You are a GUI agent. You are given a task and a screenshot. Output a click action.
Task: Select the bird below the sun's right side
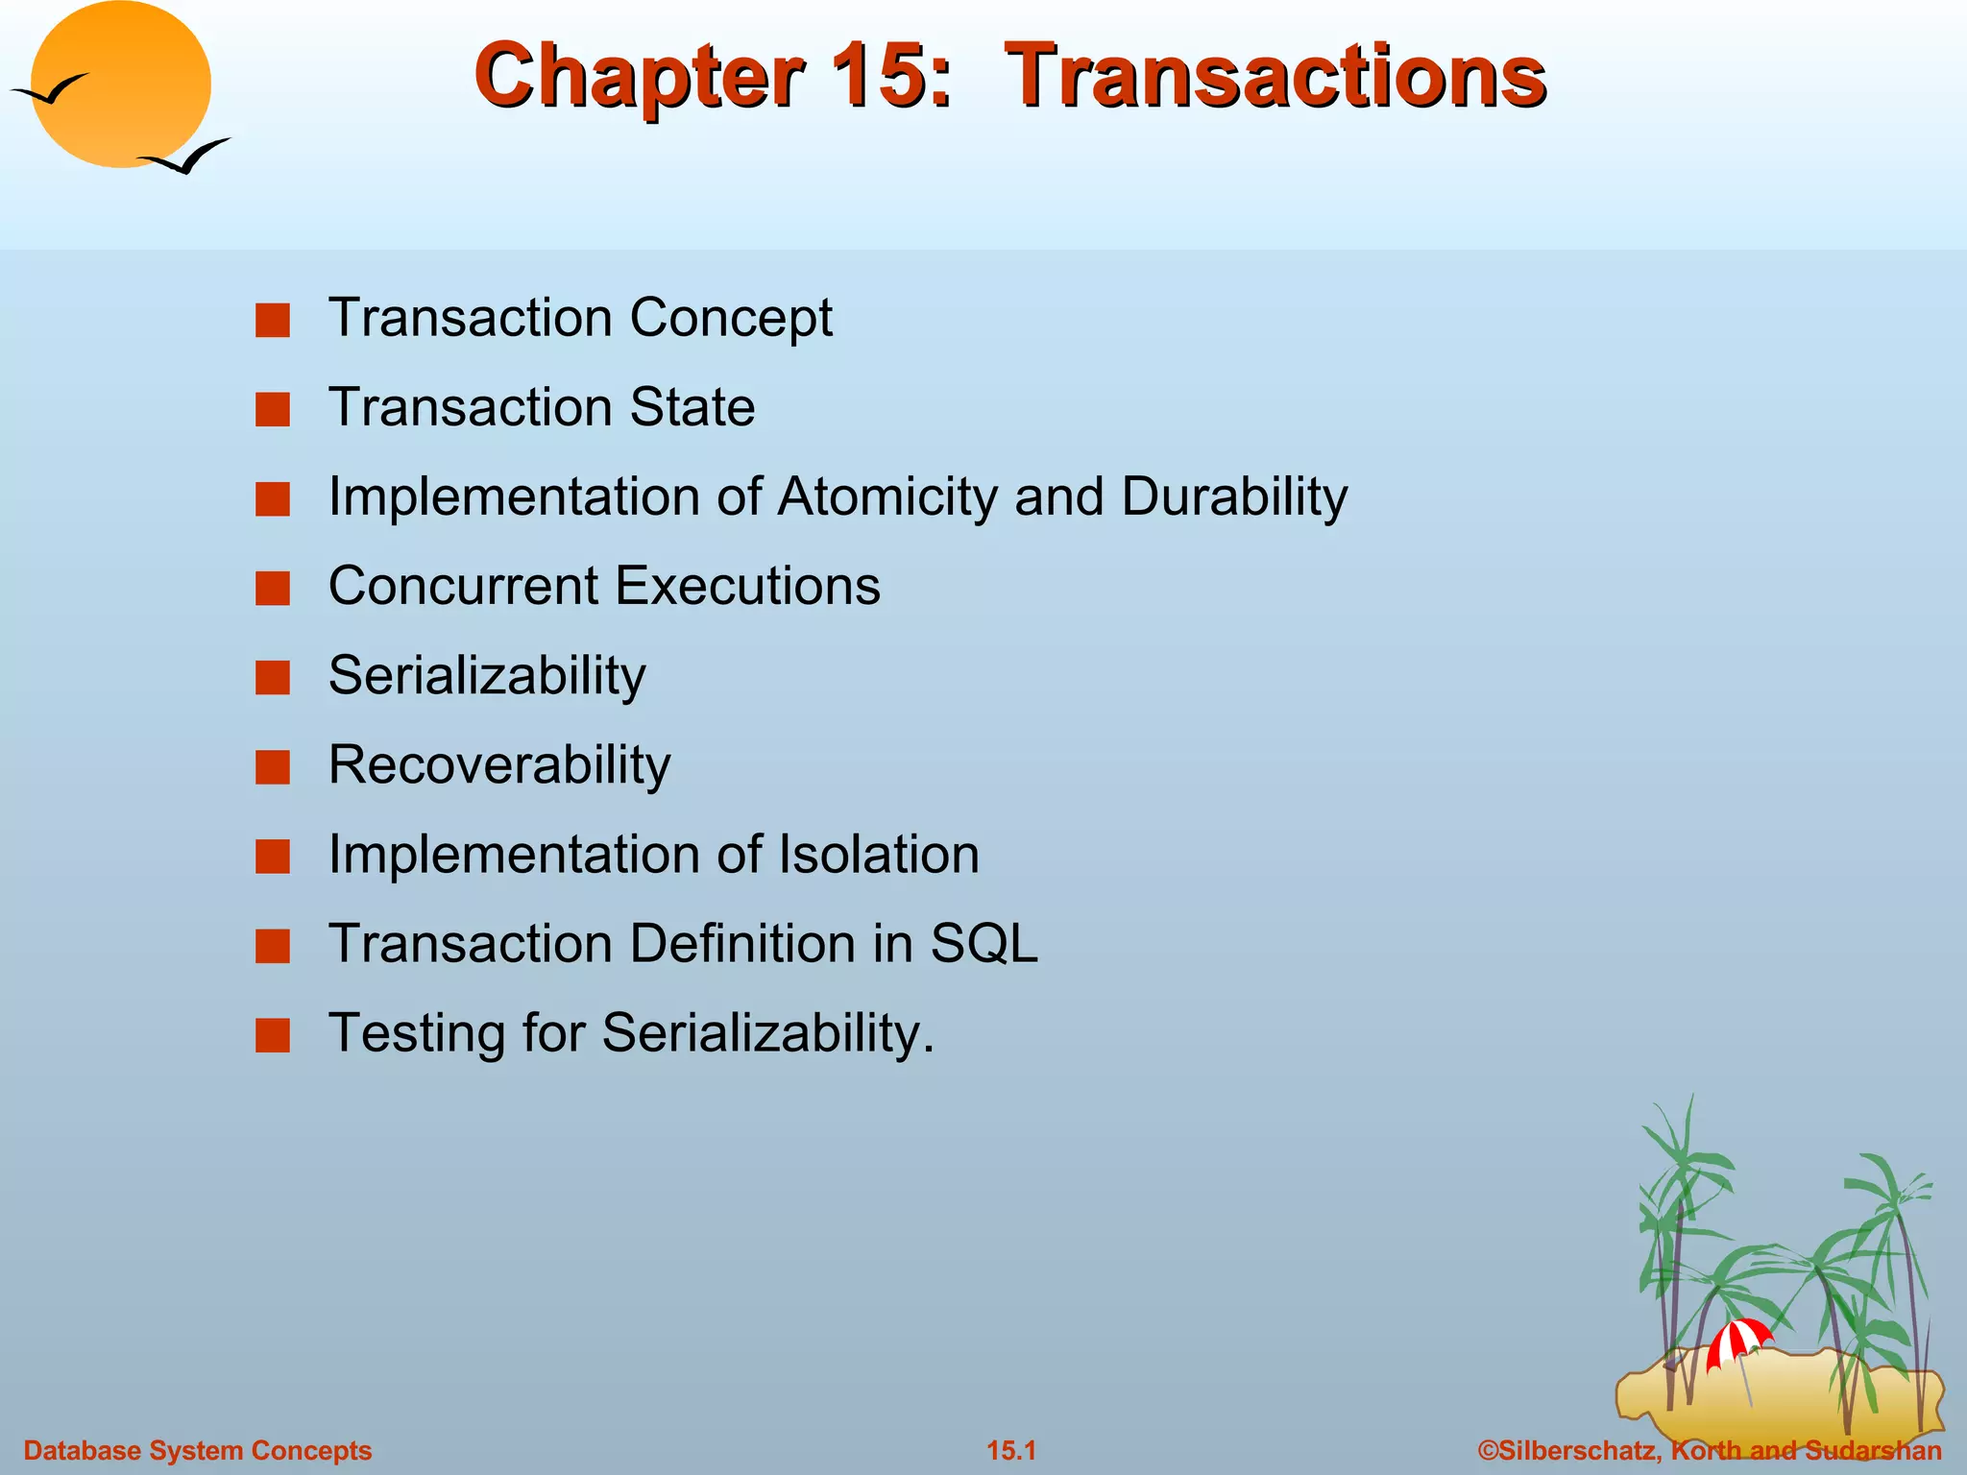point(185,157)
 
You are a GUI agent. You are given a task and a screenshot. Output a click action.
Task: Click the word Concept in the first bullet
point(731,318)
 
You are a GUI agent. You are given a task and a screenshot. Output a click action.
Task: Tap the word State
point(692,407)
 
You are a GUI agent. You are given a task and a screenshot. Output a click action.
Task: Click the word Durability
point(1233,497)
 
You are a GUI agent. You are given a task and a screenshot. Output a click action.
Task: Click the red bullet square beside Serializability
point(273,678)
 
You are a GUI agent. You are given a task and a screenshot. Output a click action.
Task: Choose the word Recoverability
point(499,765)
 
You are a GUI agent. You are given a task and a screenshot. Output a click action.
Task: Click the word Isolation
point(878,855)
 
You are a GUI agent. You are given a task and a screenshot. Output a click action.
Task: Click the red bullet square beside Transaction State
point(273,410)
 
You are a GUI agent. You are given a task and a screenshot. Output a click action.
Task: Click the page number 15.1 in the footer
point(1011,1450)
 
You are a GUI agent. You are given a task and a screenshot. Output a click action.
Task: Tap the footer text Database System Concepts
point(198,1450)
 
